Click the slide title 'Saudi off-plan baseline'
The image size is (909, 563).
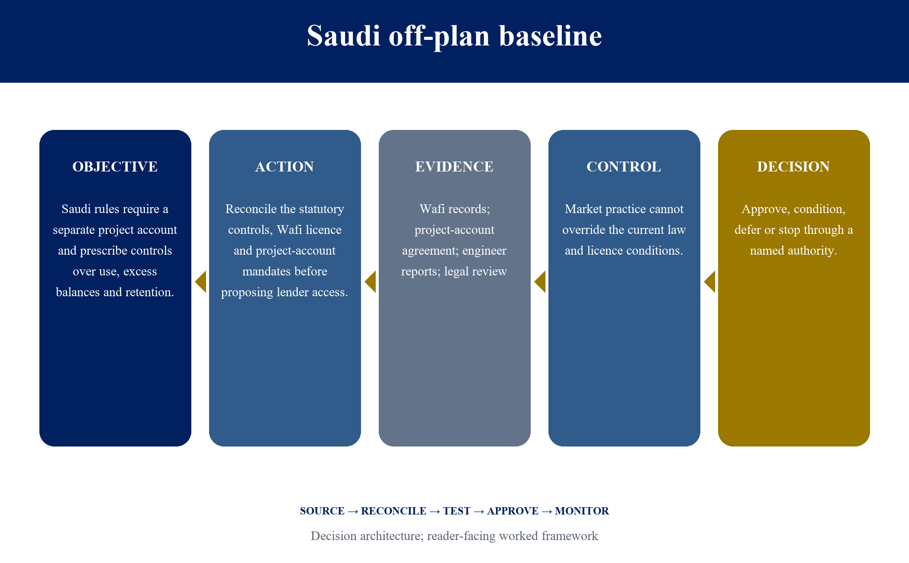pyautogui.click(x=455, y=36)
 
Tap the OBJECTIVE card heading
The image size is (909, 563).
pyautogui.click(x=115, y=167)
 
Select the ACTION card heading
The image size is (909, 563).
pyautogui.click(x=285, y=167)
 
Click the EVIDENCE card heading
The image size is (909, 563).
pyautogui.click(x=455, y=167)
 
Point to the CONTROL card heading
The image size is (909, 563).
pyautogui.click(x=624, y=167)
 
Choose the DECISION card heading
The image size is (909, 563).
pyautogui.click(x=794, y=167)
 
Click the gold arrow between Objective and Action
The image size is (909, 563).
pyautogui.click(x=200, y=282)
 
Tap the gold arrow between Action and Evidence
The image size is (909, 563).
pyautogui.click(x=370, y=282)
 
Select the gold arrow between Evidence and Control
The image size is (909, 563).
pyautogui.click(x=540, y=282)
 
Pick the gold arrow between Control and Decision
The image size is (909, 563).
pyautogui.click(x=709, y=282)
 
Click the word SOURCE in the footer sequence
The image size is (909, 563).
pyautogui.click(x=322, y=511)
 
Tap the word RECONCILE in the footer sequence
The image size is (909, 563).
pyautogui.click(x=394, y=511)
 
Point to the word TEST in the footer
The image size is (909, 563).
pyautogui.click(x=457, y=511)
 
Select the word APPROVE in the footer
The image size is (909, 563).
pyautogui.click(x=513, y=511)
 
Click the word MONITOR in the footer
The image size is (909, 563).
pyautogui.click(x=582, y=511)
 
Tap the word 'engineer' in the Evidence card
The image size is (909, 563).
pyautogui.click(x=484, y=251)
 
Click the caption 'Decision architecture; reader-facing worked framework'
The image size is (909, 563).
pyautogui.click(x=455, y=536)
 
